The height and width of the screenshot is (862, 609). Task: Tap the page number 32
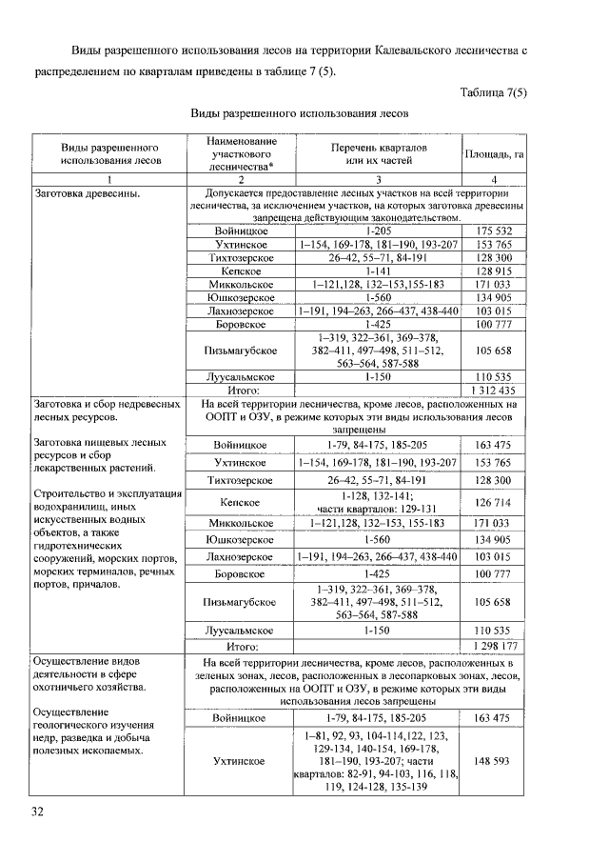point(39,811)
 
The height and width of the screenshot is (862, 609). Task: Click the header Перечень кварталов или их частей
point(379,154)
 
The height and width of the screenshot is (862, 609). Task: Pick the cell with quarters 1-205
point(379,231)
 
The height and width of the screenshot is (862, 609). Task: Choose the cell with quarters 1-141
point(379,271)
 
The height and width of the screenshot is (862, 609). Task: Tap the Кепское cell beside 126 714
point(239,502)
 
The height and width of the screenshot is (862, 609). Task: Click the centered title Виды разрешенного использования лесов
point(301,111)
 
